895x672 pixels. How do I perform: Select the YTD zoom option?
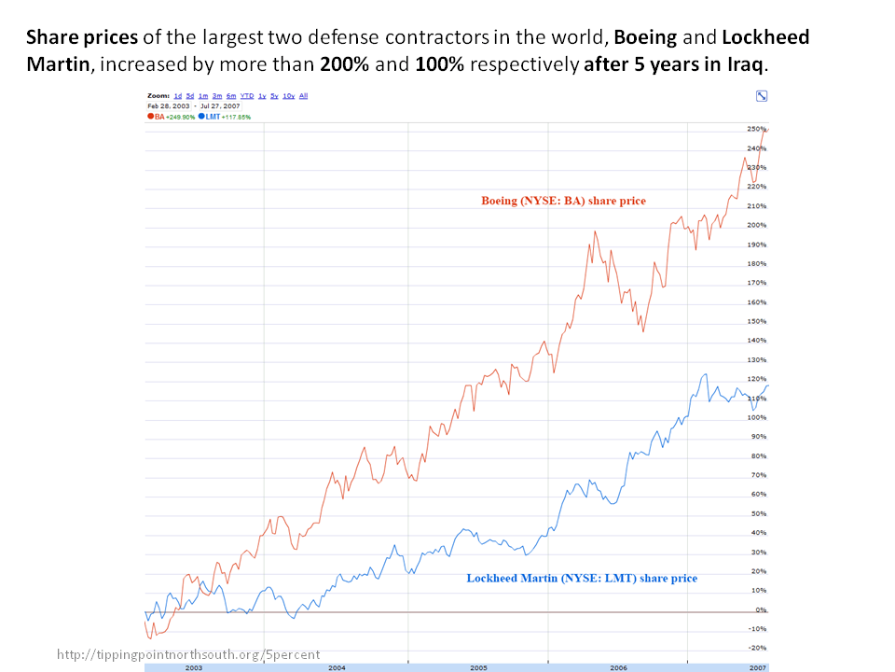247,96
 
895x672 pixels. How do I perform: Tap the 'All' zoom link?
303,96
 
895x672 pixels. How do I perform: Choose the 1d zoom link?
177,96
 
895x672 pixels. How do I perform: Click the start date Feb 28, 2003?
165,106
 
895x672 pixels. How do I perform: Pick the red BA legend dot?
150,117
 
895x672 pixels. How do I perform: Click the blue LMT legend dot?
200,117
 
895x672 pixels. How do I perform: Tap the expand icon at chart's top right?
762,96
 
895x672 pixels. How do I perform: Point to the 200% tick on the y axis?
756,225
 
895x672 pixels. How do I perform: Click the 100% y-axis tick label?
756,417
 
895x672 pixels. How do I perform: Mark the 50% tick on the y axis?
757,513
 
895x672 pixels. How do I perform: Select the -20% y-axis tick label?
757,648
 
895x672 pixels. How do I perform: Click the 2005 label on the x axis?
478,668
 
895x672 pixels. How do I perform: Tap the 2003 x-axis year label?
194,668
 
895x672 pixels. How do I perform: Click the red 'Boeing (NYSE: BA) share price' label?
563,201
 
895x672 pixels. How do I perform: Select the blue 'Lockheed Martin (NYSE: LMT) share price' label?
582,579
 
